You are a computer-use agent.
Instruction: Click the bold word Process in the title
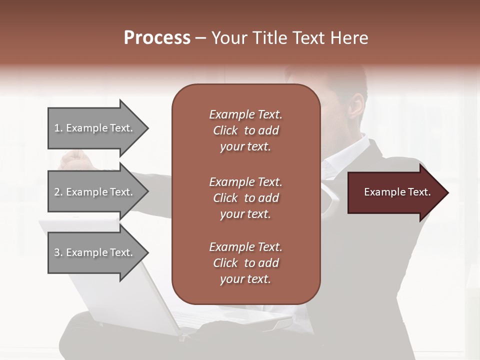click(157, 38)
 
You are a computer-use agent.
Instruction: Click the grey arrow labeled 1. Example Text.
click(95, 128)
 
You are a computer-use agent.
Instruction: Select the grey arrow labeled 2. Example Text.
click(95, 192)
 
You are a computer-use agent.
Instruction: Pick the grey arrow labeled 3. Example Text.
click(95, 252)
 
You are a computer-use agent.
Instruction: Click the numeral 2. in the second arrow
click(58, 192)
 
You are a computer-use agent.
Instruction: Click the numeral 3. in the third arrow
click(58, 252)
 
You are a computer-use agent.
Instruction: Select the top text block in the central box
click(245, 130)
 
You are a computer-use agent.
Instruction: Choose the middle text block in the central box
click(245, 198)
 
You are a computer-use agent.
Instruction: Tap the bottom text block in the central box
click(245, 263)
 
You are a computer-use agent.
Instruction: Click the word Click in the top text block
click(225, 130)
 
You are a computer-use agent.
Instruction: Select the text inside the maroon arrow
click(397, 192)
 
